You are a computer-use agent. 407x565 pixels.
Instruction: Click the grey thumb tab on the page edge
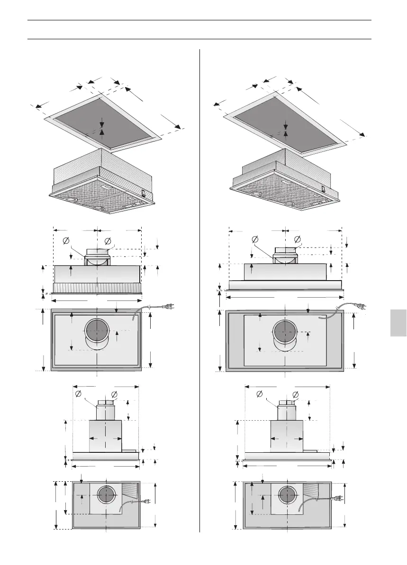399,323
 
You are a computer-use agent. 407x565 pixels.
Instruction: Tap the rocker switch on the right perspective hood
323,188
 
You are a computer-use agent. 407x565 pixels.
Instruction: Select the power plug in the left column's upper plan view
170,307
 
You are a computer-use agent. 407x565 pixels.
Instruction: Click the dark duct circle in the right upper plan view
285,332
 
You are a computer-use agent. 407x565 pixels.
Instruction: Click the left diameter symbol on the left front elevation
66,241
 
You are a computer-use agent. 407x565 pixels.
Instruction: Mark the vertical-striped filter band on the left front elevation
97,288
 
